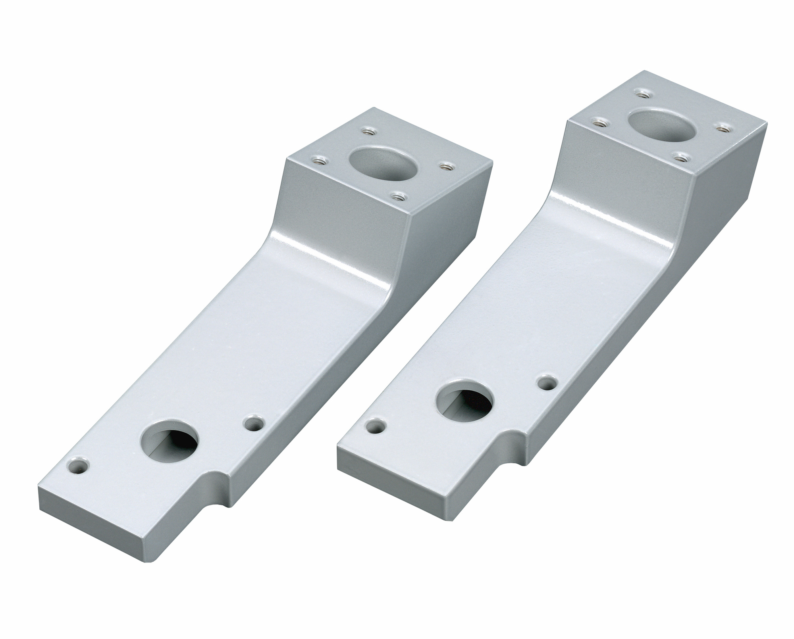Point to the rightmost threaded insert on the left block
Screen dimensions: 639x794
445,166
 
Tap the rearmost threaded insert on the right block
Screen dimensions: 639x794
642,94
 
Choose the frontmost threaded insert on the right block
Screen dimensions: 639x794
681,157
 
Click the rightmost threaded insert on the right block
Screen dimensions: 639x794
725,129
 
